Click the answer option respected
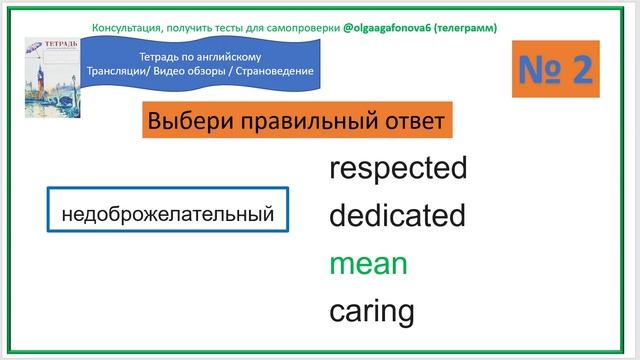(398, 168)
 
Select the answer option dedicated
(397, 215)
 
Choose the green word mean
(368, 264)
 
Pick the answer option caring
(371, 311)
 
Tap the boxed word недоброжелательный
(167, 214)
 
